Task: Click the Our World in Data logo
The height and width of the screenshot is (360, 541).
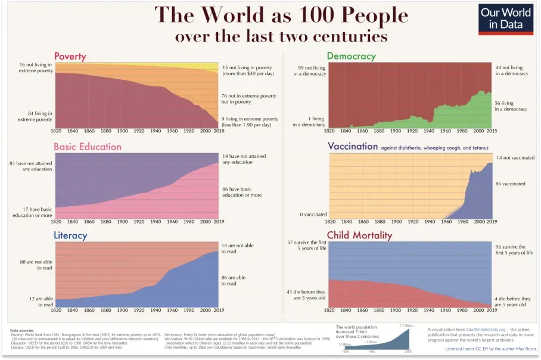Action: coord(505,19)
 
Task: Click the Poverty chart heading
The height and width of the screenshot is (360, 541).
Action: coord(70,57)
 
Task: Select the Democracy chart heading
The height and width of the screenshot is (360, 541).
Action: coord(351,56)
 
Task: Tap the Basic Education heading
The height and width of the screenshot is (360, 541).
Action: coord(87,147)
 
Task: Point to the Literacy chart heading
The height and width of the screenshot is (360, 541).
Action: coord(70,235)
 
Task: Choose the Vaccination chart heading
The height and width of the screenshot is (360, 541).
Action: coord(353,146)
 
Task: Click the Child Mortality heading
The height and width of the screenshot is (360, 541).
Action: coord(359,235)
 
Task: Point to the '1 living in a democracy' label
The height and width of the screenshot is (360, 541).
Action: coord(309,122)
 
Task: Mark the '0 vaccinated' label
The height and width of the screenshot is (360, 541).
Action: coord(313,214)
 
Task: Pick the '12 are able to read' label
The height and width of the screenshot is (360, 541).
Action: coord(38,301)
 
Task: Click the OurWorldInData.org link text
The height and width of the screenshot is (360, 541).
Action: coord(488,328)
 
